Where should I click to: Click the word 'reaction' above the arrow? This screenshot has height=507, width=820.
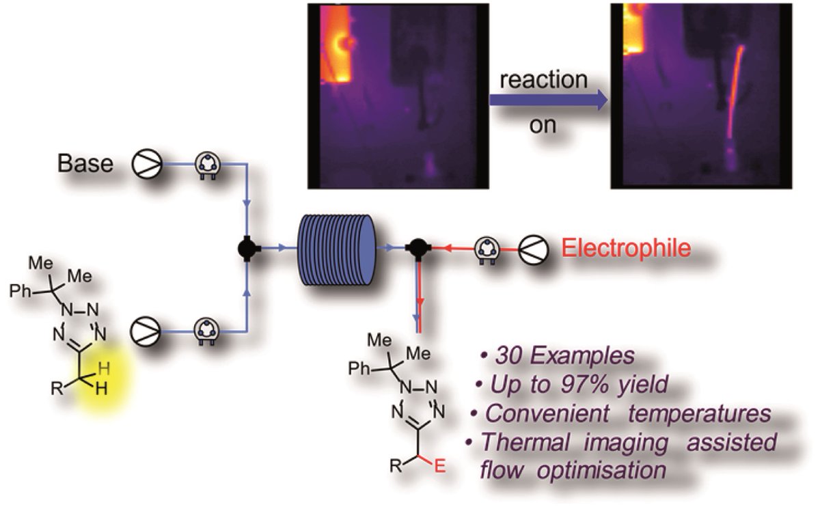(543, 79)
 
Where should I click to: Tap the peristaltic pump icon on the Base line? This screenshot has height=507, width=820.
(206, 165)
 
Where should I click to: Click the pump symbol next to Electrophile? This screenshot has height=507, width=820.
(533, 248)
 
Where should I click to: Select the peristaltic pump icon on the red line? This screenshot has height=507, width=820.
(487, 248)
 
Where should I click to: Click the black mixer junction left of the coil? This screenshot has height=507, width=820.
(244, 249)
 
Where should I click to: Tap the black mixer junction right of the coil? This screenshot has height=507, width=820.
(416, 249)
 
